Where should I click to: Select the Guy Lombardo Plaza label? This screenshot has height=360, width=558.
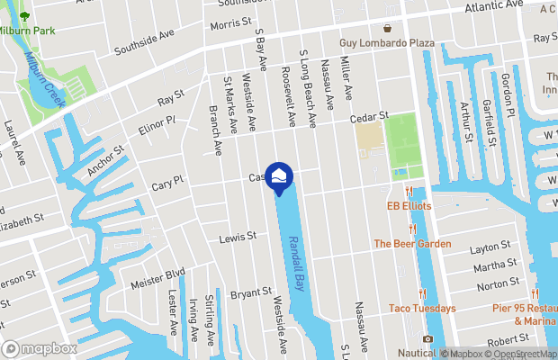point(387,43)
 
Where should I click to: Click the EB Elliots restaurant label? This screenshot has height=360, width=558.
point(409,206)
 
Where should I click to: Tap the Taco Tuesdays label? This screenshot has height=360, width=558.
point(422,308)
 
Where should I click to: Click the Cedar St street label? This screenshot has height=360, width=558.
point(369,116)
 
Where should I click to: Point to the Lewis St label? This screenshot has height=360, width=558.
point(238,238)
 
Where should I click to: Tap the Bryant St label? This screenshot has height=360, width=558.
point(251,292)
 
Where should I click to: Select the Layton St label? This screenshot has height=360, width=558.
point(490,245)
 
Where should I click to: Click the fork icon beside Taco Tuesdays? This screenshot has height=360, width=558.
point(421,293)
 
